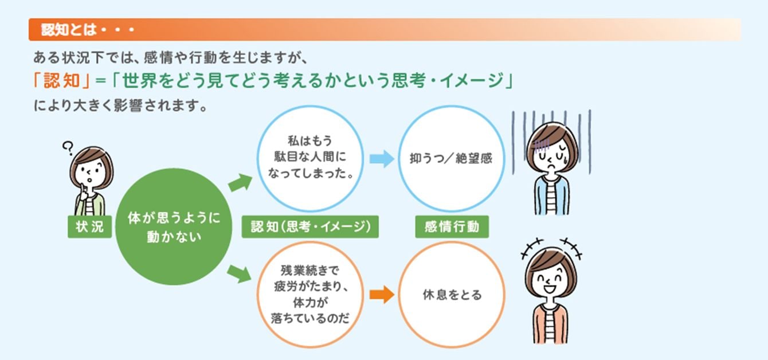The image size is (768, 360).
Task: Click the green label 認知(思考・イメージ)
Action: (310, 227)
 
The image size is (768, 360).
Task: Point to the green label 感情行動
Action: (451, 227)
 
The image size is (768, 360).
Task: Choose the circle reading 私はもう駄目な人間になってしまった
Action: (310, 158)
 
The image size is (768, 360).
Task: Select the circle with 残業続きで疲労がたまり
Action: (310, 295)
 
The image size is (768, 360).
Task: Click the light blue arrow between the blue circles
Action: (381, 159)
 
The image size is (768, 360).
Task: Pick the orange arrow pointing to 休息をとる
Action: (381, 295)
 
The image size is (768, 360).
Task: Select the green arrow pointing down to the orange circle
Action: (240, 273)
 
